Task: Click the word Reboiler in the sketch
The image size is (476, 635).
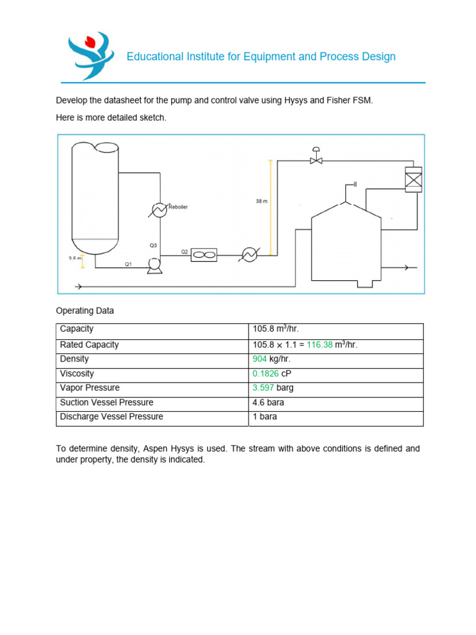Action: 177,207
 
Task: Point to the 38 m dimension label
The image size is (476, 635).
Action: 262,201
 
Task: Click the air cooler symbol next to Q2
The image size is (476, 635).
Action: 204,255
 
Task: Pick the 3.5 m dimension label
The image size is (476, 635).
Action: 74,259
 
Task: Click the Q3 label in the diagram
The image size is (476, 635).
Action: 153,246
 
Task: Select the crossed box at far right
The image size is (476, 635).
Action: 413,180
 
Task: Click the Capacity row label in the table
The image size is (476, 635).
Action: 77,329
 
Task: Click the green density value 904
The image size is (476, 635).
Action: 259,359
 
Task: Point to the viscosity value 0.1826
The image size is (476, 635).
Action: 265,374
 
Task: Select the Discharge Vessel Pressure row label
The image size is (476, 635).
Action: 112,417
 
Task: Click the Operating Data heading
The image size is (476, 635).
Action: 85,310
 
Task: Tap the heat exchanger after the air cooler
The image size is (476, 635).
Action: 249,255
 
